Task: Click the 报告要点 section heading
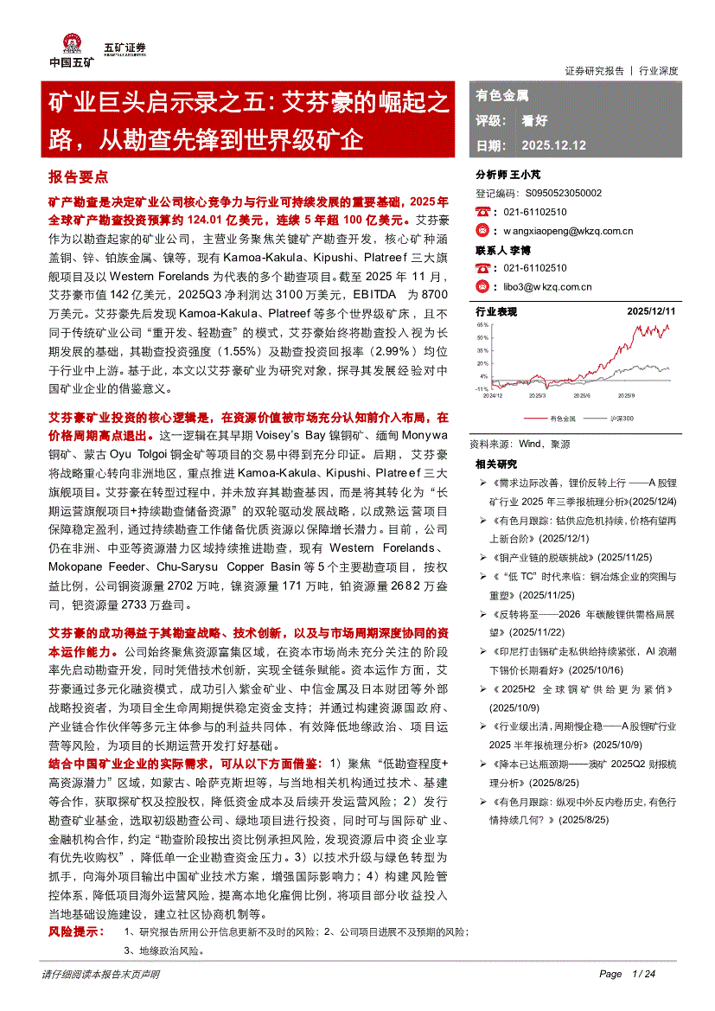tap(78, 176)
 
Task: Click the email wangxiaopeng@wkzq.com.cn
tap(568, 231)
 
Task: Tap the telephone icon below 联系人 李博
tap(483, 268)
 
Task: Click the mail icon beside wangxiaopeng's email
tap(483, 231)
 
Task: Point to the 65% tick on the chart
tap(482, 325)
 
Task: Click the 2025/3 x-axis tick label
tap(537, 395)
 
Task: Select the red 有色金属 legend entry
tap(563, 419)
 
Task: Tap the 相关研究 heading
tap(496, 464)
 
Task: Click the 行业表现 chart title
tap(496, 311)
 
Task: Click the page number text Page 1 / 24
tap(628, 974)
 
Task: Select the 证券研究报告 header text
tap(594, 71)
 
